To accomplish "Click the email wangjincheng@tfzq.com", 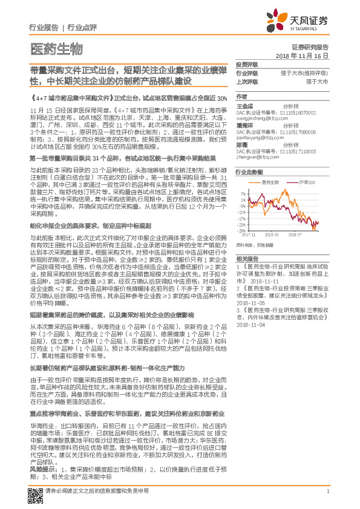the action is [x=255, y=119].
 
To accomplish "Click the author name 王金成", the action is [x=244, y=105].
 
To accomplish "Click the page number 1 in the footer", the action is [x=327, y=498].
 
